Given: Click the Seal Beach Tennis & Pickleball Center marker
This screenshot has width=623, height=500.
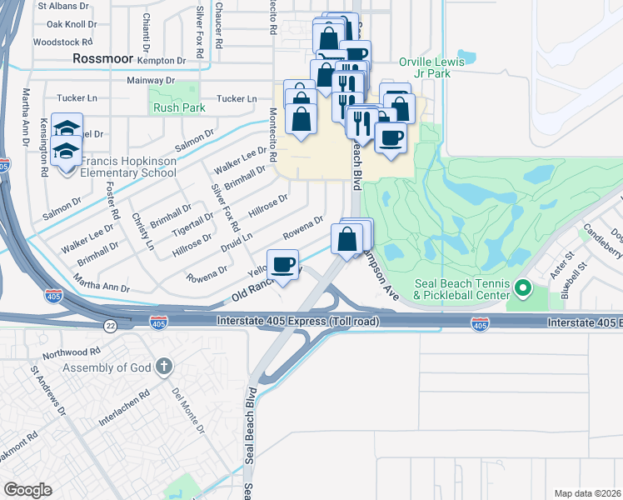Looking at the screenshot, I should click(523, 289).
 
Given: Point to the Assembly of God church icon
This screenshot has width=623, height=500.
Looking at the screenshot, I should click(165, 366).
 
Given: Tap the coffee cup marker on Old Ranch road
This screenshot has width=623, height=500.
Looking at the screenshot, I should click(282, 265).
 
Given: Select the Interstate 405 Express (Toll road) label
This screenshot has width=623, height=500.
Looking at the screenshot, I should click(297, 321).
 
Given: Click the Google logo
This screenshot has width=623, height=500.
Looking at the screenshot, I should click(27, 490).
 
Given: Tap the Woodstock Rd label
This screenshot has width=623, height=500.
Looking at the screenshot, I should click(63, 42).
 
